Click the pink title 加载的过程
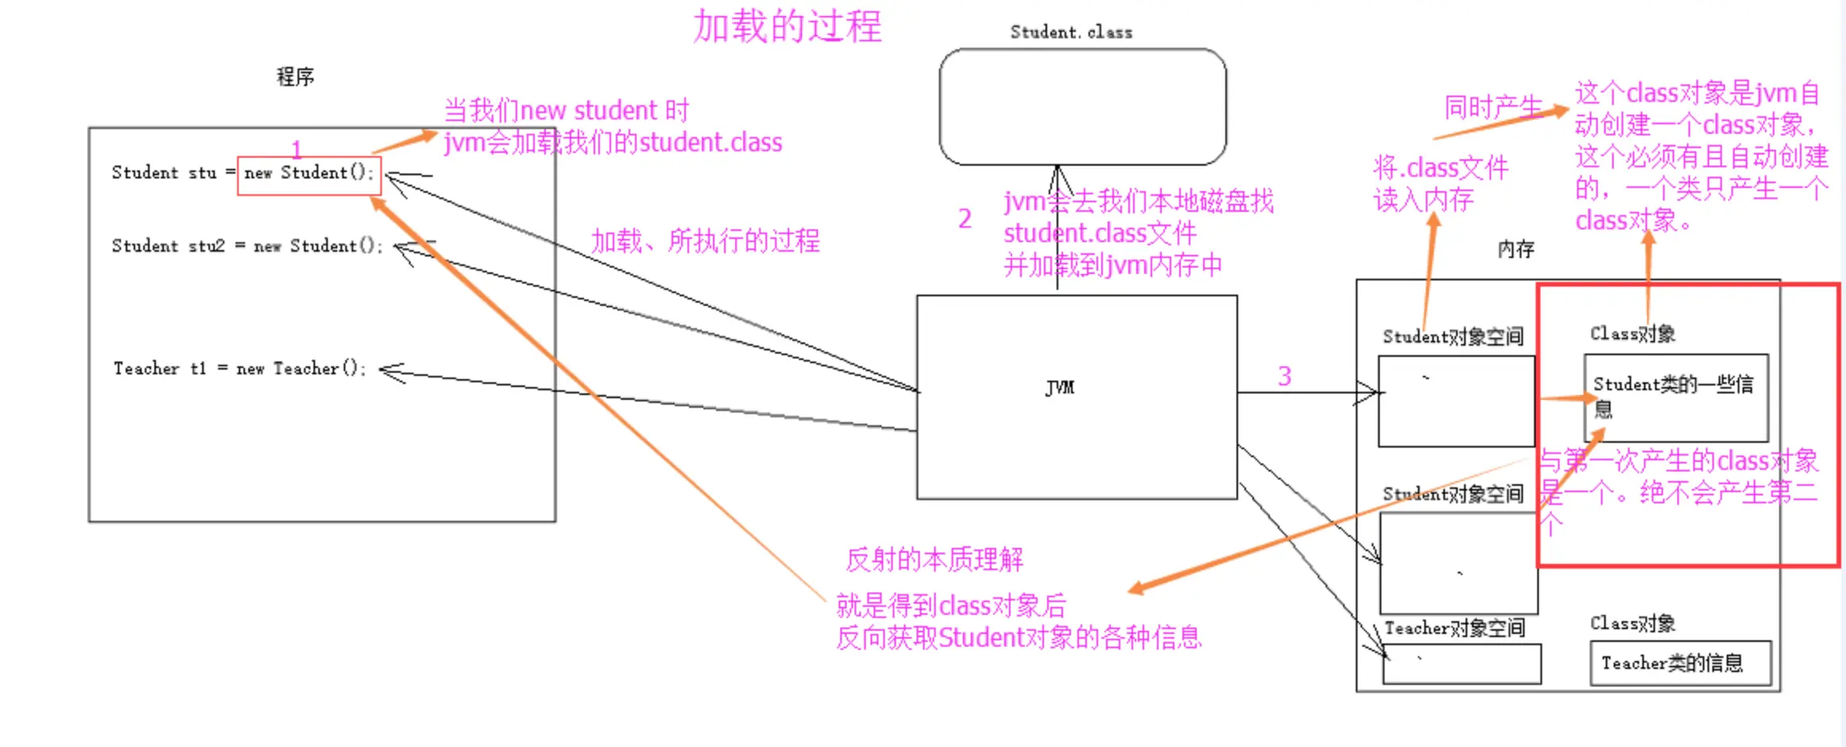[787, 26]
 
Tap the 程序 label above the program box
[295, 76]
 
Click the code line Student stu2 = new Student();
[247, 245]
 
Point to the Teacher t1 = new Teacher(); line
[240, 368]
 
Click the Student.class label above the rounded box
[1071, 32]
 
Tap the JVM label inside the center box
[1060, 387]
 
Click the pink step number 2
[964, 218]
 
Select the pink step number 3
[1284, 376]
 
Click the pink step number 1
[296, 149]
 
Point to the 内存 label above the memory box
[1516, 249]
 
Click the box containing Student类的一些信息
[1677, 397]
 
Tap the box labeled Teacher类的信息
[1680, 663]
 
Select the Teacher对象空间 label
[1455, 628]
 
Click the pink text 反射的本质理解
[934, 559]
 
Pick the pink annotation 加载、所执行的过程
[705, 241]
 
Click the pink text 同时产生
[1494, 107]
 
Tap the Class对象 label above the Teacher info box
[1633, 623]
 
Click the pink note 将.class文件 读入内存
[1440, 183]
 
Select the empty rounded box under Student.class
[1082, 107]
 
